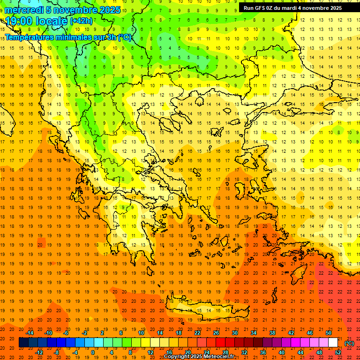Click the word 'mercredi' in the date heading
tap(24, 10)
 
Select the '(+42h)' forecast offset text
tap(81, 21)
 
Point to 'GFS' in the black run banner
tap(261, 8)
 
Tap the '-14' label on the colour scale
tap(30, 332)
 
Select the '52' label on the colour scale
tap(337, 352)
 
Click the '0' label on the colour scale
tap(93, 352)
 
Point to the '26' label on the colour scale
tap(216, 332)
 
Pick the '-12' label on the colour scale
tap(39, 352)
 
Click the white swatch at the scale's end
tap(333, 343)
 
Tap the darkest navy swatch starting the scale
tap(23, 343)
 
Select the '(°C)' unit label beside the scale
tap(349, 343)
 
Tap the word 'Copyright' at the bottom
tap(177, 357)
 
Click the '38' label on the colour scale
tap(272, 332)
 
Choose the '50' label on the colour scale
tap(328, 332)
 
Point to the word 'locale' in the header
tap(50, 21)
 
